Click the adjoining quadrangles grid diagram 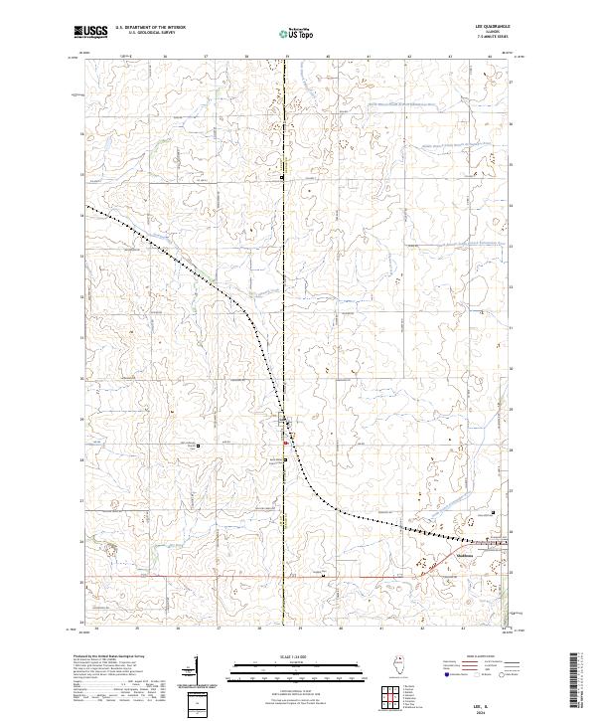click(x=391, y=696)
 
